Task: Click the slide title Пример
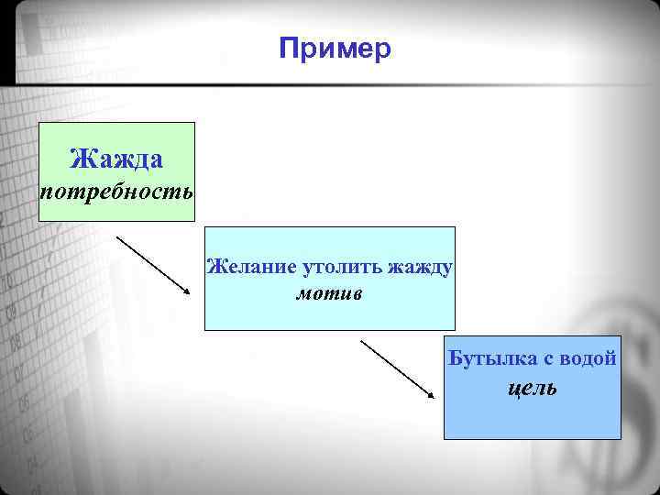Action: point(335,48)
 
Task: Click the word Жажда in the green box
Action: point(116,159)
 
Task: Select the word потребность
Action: point(116,192)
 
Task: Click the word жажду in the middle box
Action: point(421,268)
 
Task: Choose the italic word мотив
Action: point(329,294)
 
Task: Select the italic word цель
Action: point(532,388)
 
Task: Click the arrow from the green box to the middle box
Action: point(153,266)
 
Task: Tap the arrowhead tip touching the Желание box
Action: point(190,294)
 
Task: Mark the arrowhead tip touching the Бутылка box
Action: point(433,398)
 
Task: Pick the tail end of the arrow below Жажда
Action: point(117,237)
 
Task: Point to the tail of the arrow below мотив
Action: point(362,341)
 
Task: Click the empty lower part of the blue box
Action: point(532,421)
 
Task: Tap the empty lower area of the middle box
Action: point(329,316)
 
